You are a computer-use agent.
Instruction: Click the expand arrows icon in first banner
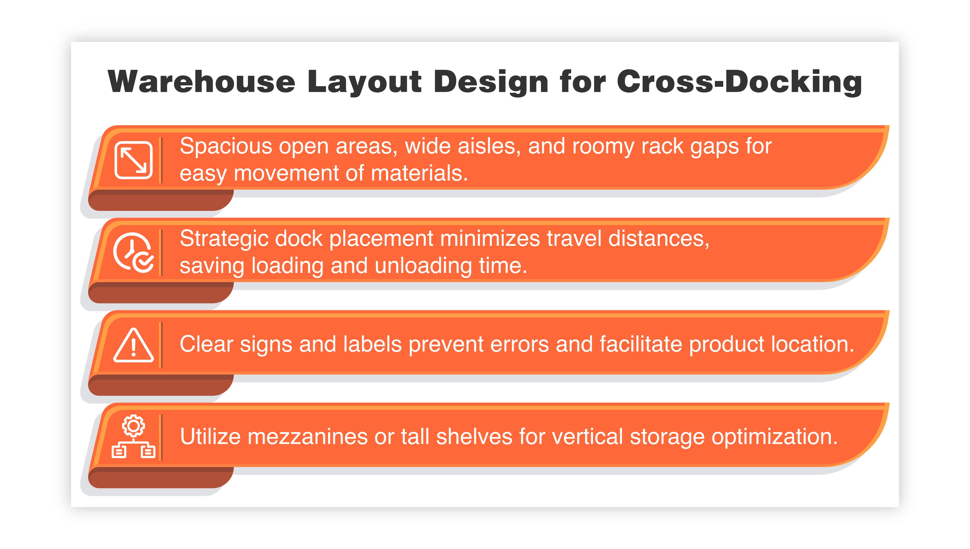click(x=133, y=160)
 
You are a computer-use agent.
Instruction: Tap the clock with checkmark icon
click(x=133, y=252)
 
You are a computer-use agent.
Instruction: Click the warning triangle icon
click(x=133, y=345)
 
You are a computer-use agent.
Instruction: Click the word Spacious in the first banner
click(x=226, y=146)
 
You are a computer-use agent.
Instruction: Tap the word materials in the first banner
click(x=419, y=174)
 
